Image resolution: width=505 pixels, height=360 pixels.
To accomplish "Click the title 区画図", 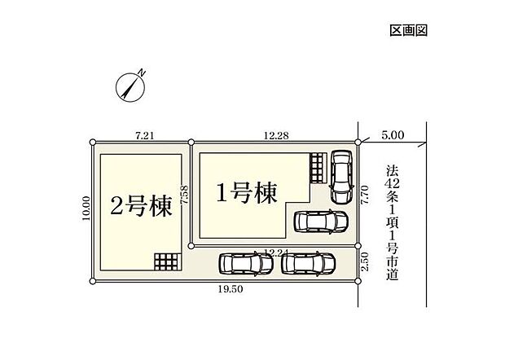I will [408, 30].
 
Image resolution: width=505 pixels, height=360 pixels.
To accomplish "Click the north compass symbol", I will [131, 85].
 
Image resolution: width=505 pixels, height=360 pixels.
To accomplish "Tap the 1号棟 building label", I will [246, 193].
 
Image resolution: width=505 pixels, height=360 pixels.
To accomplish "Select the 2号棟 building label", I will [141, 207].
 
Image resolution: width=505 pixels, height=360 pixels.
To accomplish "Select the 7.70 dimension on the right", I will [366, 194].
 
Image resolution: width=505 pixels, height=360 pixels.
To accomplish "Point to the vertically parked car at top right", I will [340, 174].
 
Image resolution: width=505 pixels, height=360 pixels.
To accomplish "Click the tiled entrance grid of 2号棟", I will [165, 261].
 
